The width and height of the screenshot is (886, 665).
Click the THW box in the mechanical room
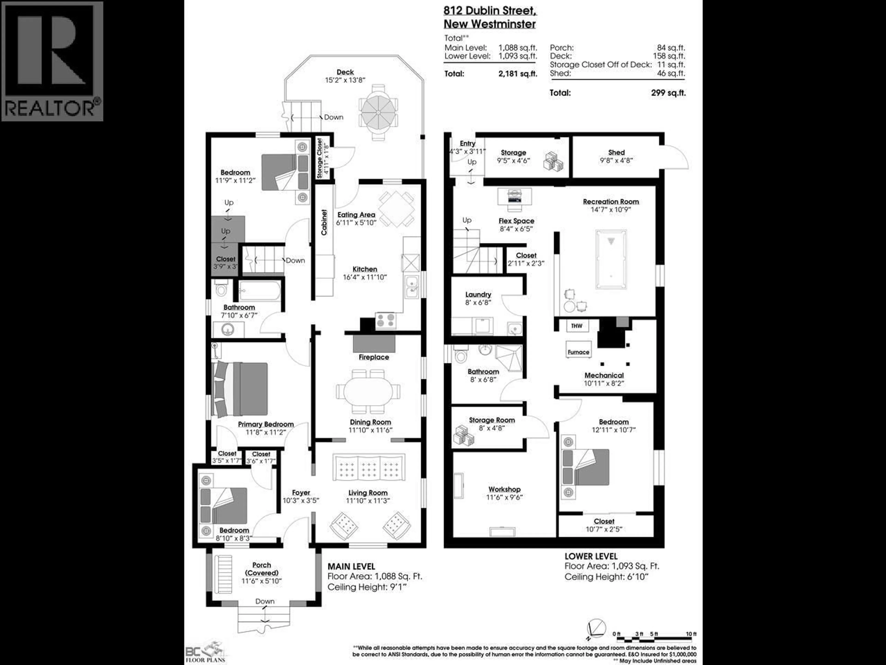577,326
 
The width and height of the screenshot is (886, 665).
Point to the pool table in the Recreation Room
611,259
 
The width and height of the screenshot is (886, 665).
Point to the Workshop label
504,490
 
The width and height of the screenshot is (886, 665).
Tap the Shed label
616,152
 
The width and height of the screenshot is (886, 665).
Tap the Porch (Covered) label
262,569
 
